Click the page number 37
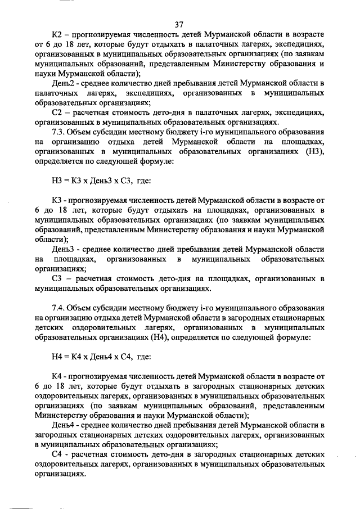[179, 24]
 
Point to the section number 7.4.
[58, 308]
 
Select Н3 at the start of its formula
[57, 180]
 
